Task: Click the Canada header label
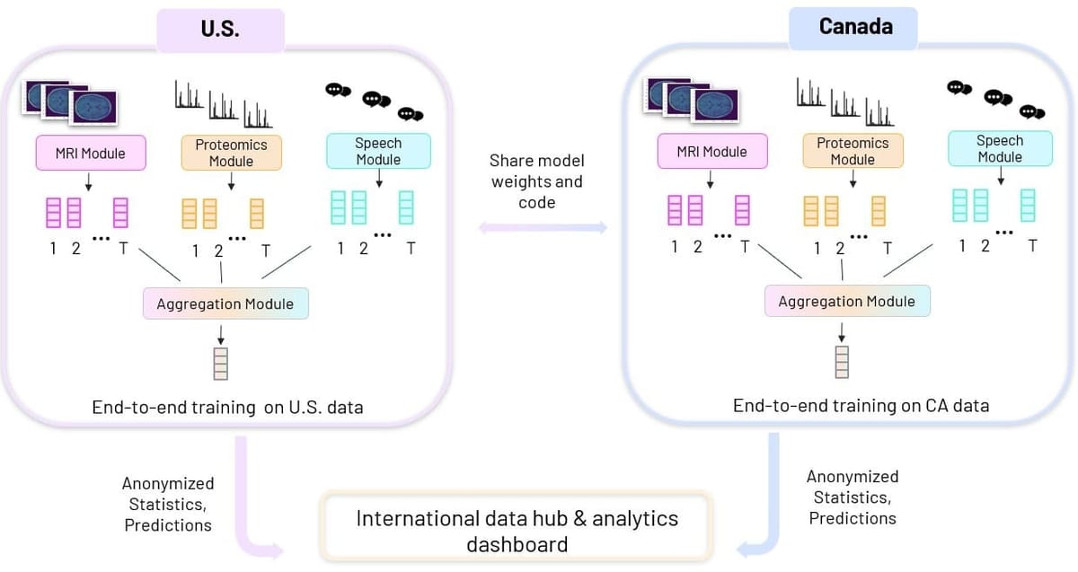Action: [x=854, y=27]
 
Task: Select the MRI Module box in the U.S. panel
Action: [x=91, y=153]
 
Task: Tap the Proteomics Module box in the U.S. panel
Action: [x=231, y=153]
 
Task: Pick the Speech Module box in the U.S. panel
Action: [x=378, y=151]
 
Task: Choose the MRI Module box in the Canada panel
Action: [x=712, y=151]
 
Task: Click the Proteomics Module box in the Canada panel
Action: [x=853, y=151]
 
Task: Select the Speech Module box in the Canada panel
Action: [x=1000, y=149]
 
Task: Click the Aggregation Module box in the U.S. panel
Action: [x=225, y=304]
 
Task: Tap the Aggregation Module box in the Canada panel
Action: [x=847, y=301]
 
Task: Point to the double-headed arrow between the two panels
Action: [x=543, y=228]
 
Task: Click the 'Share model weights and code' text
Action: [x=537, y=181]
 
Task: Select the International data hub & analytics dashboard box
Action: [x=517, y=531]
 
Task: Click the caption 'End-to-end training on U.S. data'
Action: [x=227, y=407]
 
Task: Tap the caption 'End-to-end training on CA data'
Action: [x=861, y=405]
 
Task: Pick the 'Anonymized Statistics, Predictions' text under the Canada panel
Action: [x=853, y=497]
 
